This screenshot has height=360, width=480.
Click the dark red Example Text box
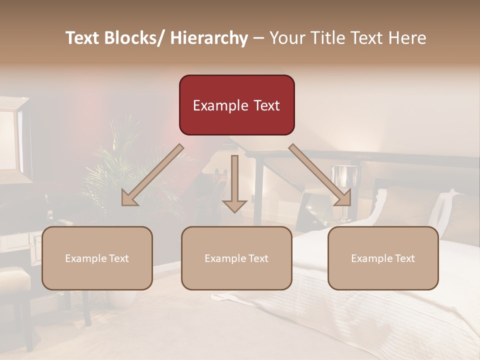click(236, 105)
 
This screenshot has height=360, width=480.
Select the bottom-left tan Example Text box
click(97, 258)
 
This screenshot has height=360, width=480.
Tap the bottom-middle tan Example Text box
click(236, 258)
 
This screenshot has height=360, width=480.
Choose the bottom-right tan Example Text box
click(383, 258)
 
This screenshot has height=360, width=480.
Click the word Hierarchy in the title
click(209, 38)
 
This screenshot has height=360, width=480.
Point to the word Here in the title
click(407, 38)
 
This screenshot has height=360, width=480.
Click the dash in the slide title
click(258, 38)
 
